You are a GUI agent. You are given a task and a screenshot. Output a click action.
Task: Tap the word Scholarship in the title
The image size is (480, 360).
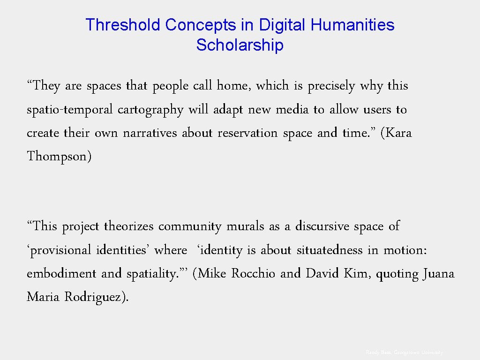click(x=240, y=45)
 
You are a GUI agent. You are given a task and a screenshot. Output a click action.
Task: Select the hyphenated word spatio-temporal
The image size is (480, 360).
click(x=70, y=110)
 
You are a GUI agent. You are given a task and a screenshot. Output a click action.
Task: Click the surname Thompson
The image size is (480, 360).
click(x=59, y=156)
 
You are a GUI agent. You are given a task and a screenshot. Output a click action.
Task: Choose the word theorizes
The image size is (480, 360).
click(x=129, y=226)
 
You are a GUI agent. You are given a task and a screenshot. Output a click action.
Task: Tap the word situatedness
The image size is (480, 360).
click(x=330, y=250)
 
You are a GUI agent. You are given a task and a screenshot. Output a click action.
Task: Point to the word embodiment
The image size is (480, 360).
click(x=62, y=273)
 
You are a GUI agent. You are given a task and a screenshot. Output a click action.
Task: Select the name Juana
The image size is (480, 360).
click(x=438, y=273)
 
